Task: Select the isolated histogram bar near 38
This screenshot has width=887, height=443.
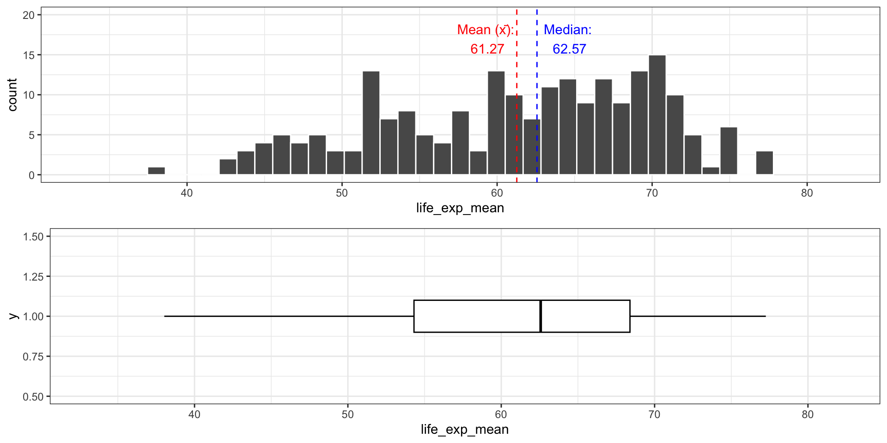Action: [156, 171]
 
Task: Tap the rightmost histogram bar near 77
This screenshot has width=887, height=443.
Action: [764, 163]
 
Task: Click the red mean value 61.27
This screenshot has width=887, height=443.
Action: [487, 49]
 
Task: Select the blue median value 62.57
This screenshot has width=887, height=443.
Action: [569, 49]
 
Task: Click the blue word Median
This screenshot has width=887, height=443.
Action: [567, 30]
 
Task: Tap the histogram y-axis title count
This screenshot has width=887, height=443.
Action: [12, 95]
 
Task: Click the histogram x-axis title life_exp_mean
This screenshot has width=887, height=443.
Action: [460, 208]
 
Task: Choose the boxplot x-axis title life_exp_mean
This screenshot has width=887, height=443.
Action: [464, 430]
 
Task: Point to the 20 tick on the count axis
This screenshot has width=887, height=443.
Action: [29, 15]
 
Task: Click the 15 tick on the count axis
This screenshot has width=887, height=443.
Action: [29, 55]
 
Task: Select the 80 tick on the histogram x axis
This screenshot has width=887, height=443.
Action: [807, 193]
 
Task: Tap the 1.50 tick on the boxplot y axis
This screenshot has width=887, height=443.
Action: [33, 237]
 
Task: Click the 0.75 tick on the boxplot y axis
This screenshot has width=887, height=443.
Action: [33, 357]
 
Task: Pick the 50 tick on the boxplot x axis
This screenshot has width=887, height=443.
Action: [347, 414]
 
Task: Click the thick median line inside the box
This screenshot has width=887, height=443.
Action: [541, 316]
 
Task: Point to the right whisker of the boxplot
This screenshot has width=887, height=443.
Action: [698, 316]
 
